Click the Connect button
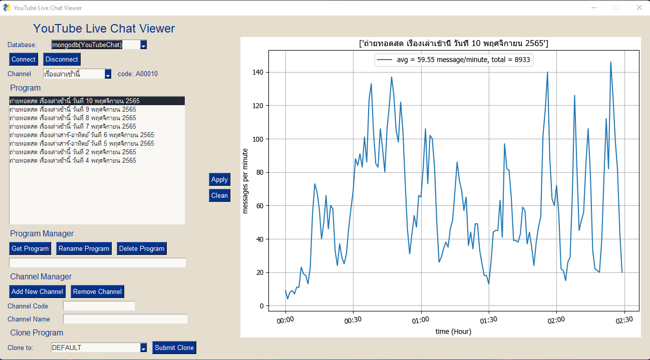tap(24, 59)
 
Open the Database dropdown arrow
tap(143, 45)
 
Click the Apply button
tap(219, 179)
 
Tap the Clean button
tap(219, 195)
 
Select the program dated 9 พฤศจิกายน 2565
tap(73, 109)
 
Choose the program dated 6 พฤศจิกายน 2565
tap(82, 135)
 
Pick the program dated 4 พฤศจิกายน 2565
tap(73, 160)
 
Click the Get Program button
tap(30, 248)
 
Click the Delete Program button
tap(142, 248)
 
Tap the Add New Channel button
tap(38, 291)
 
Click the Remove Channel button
tap(97, 291)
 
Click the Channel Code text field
tap(99, 306)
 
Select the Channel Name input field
tap(125, 319)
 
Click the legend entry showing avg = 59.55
tap(453, 60)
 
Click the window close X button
tap(639, 8)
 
